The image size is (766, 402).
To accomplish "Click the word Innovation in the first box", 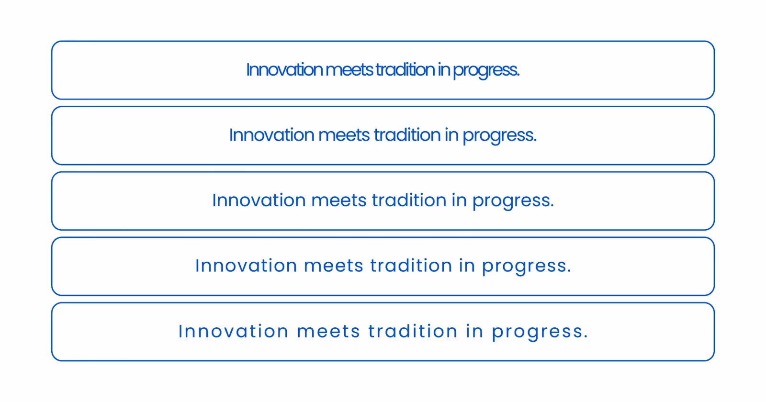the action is tap(284, 70).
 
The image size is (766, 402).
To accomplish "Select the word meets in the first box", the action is tap(349, 70).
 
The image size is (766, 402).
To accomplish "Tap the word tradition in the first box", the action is tap(405, 70).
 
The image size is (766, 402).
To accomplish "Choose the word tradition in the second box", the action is tap(407, 135).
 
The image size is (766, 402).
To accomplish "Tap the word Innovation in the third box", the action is tap(259, 201).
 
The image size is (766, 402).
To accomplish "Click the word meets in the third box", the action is tap(339, 201).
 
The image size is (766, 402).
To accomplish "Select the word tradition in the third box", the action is tap(409, 201).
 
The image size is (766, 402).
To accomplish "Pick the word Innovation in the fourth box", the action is tap(246, 266).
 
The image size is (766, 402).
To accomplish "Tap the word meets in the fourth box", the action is tap(334, 266).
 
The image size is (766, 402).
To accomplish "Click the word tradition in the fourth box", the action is tap(411, 266).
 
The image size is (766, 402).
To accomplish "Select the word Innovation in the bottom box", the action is tap(234, 331).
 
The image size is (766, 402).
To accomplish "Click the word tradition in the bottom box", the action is tap(413, 331).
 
